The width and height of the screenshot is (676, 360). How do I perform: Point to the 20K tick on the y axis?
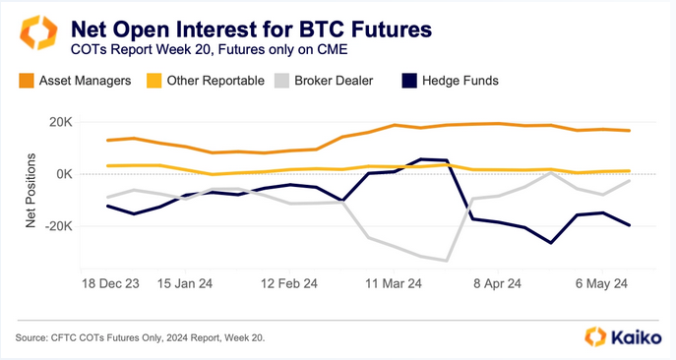[x=54, y=122]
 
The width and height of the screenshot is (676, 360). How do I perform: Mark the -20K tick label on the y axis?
[x=52, y=225]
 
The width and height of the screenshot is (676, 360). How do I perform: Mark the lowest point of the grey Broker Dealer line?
[x=447, y=261]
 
